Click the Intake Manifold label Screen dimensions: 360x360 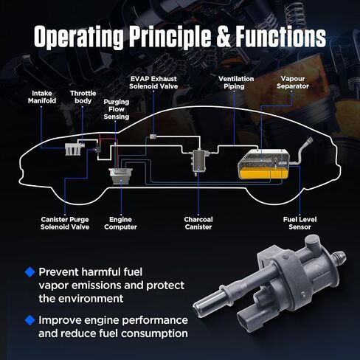[x=42, y=97]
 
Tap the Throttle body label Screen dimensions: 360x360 [x=83, y=97]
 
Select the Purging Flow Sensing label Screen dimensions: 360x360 [x=117, y=109]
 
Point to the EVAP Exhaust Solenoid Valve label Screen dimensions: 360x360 [x=153, y=83]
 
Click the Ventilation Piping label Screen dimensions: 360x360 [x=236, y=83]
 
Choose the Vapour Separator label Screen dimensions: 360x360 [x=293, y=83]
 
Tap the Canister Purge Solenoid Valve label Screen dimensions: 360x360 [x=65, y=224]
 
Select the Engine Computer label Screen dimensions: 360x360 [x=120, y=224]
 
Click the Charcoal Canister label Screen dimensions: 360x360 [x=198, y=224]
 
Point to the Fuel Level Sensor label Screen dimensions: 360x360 [x=300, y=224]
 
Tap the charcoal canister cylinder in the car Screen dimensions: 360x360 [x=198, y=161]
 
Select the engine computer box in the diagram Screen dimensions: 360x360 [x=121, y=176]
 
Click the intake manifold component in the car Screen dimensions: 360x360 [x=73, y=150]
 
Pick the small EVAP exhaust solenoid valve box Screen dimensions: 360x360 [x=153, y=136]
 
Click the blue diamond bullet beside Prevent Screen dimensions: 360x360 [x=30, y=272]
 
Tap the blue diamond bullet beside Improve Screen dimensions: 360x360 [x=30, y=320]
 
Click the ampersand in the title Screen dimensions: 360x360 [x=224, y=36]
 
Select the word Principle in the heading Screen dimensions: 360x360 [x=170, y=37]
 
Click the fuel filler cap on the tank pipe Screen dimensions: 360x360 [x=309, y=141]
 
